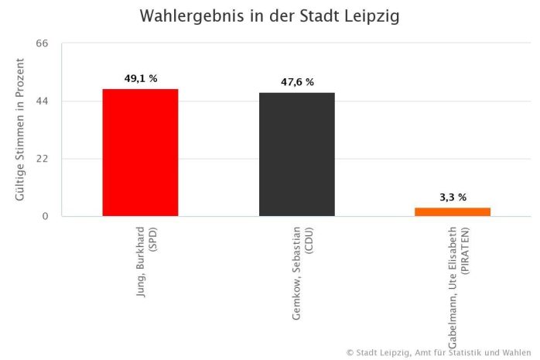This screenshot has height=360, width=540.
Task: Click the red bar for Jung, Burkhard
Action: tap(140, 153)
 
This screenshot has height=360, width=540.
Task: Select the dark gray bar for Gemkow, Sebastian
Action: tap(296, 155)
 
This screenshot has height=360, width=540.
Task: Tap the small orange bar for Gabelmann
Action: tap(453, 211)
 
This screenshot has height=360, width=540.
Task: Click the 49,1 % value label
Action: tap(141, 78)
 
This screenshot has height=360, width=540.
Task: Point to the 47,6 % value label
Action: tap(297, 82)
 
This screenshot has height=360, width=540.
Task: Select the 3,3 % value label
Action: tap(453, 197)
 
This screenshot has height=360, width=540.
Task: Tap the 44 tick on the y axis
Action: tap(43, 101)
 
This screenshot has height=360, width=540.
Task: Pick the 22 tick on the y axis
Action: tap(43, 159)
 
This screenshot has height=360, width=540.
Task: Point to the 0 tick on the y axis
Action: tap(46, 216)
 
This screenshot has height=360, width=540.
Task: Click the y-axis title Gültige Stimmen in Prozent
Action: tap(20, 130)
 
